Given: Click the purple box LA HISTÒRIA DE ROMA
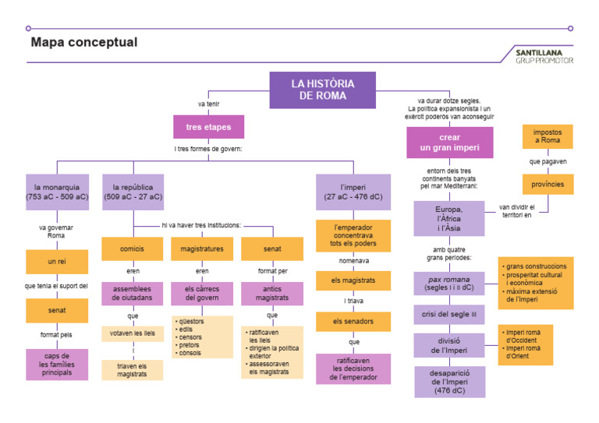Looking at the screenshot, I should point(322,90).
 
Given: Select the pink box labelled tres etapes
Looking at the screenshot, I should point(208,127).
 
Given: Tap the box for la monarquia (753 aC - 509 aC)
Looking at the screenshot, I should point(56,192).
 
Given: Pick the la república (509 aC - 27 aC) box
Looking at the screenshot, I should point(133,192).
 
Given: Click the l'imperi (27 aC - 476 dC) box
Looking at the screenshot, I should point(353,192).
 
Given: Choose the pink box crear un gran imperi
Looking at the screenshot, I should point(449,143).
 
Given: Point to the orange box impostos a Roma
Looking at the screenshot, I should point(547,136).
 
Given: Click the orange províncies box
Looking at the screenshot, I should point(547,184).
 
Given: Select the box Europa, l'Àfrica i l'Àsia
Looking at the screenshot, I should point(449,219).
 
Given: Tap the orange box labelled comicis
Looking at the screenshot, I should point(133,249).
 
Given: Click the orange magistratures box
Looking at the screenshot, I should point(202,249).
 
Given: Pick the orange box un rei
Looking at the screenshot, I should point(56,262).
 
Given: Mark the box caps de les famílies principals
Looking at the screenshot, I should point(56,364).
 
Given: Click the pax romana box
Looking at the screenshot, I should point(449,284).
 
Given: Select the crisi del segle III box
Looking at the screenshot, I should point(449,315).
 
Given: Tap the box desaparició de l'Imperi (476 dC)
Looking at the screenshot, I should point(449,381).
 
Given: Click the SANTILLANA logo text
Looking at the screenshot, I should point(543,52).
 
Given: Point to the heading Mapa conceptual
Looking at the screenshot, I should point(83,43).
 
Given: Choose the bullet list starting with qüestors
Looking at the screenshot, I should point(202,337).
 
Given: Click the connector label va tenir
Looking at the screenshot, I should point(208,103).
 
